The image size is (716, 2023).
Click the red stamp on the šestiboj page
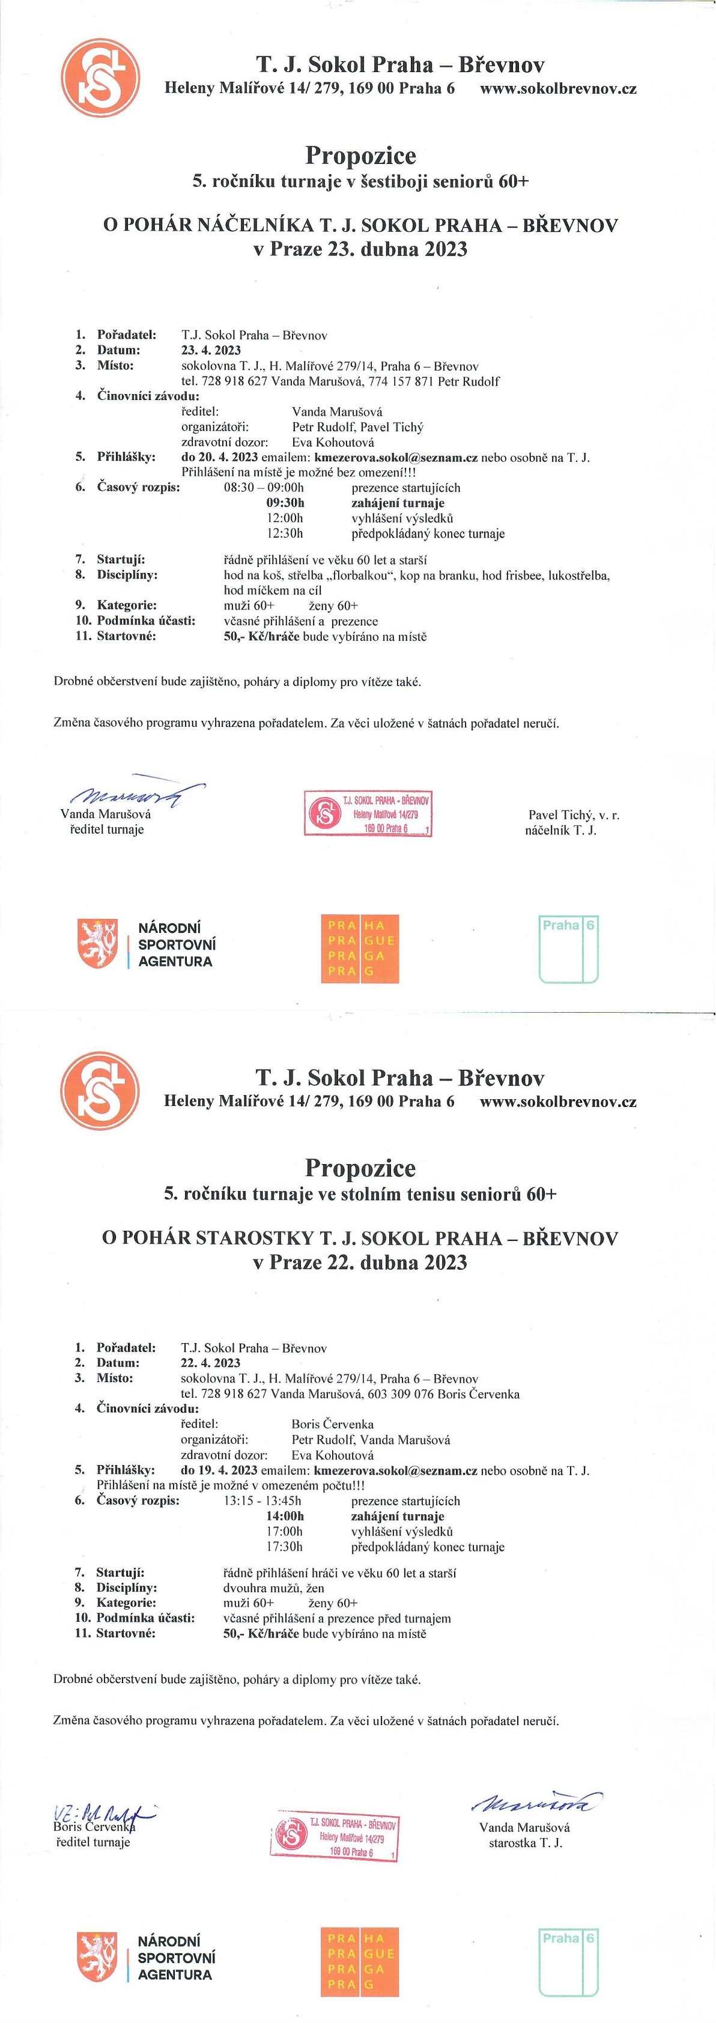(x=368, y=814)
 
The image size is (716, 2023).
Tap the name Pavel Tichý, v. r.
(x=573, y=815)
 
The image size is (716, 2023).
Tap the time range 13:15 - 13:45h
(x=262, y=1502)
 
